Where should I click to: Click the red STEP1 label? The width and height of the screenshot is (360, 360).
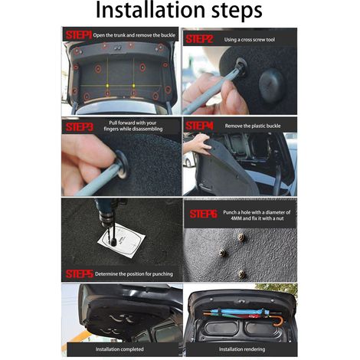(x=78, y=35)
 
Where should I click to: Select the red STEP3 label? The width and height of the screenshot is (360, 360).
(x=80, y=127)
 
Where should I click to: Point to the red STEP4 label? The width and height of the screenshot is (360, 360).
(x=199, y=126)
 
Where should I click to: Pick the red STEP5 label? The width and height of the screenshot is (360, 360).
(x=80, y=274)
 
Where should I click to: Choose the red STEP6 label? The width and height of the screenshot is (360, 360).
(x=203, y=214)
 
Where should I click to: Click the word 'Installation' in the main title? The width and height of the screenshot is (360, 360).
(x=150, y=11)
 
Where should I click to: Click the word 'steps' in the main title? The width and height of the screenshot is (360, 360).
(x=237, y=12)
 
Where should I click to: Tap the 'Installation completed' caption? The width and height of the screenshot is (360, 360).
(x=119, y=349)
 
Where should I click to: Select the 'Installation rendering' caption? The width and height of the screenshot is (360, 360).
(x=242, y=349)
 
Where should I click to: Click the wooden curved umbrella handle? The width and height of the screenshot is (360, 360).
(x=279, y=322)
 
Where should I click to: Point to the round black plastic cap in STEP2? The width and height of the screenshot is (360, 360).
(x=271, y=84)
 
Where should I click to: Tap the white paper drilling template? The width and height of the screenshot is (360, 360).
(x=121, y=241)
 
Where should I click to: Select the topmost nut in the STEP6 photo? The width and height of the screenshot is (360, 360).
(x=241, y=237)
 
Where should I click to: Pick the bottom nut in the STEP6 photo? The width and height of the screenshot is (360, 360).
(x=241, y=274)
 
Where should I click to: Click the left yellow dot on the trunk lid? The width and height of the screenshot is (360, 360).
(x=107, y=86)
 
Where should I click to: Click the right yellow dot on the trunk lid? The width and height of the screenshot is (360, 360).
(x=133, y=86)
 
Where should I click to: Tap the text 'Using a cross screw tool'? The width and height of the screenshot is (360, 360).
(x=250, y=40)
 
